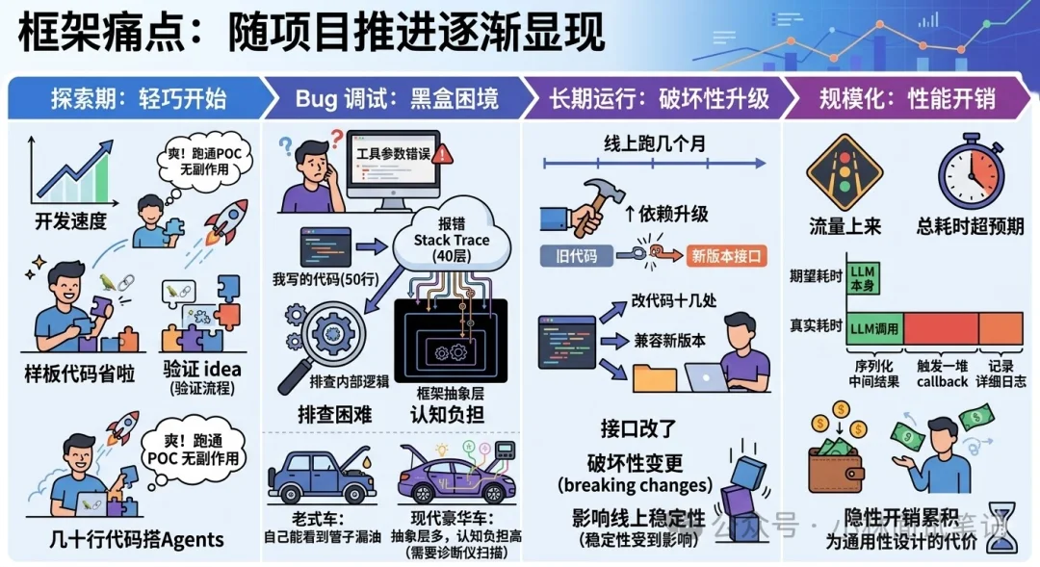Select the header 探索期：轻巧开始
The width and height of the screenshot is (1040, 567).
[138, 97]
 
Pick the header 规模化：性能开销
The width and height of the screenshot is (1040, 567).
[906, 97]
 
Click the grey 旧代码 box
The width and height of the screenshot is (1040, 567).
[577, 257]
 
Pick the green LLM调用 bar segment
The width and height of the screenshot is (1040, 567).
[873, 328]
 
